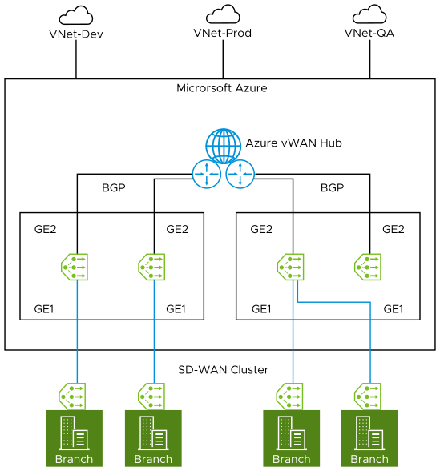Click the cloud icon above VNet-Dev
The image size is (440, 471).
click(x=76, y=15)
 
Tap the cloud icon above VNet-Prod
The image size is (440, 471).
click(x=223, y=14)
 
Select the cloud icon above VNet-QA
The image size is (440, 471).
click(x=369, y=15)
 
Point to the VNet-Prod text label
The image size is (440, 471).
click(x=223, y=34)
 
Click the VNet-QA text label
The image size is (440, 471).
click(x=369, y=34)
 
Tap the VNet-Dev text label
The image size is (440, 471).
click(x=76, y=34)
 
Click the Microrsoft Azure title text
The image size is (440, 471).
click(x=222, y=87)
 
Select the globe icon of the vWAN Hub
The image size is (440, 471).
click(x=223, y=147)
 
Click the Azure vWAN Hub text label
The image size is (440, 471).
click(x=294, y=143)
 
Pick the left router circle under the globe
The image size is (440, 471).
click(x=208, y=174)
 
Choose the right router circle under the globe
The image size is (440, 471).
click(x=239, y=174)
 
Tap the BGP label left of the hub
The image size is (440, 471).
click(x=114, y=188)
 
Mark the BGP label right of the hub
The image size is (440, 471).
click(x=331, y=188)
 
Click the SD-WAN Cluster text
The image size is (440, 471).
click(x=222, y=369)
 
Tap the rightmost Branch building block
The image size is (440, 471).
click(x=369, y=438)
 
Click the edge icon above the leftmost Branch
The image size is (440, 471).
click(x=76, y=395)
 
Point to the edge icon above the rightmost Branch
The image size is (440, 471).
click(x=369, y=395)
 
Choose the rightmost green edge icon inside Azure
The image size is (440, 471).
click(x=369, y=266)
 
